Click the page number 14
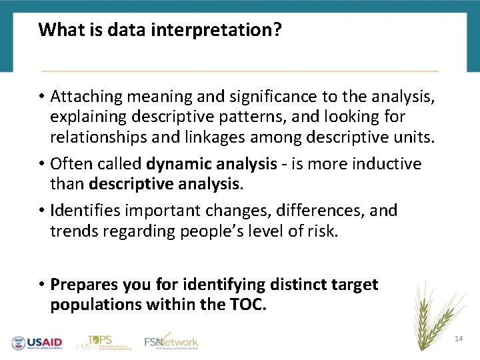click(x=458, y=339)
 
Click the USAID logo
click(x=37, y=343)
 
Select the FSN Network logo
click(x=171, y=341)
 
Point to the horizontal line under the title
click(x=240, y=70)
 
